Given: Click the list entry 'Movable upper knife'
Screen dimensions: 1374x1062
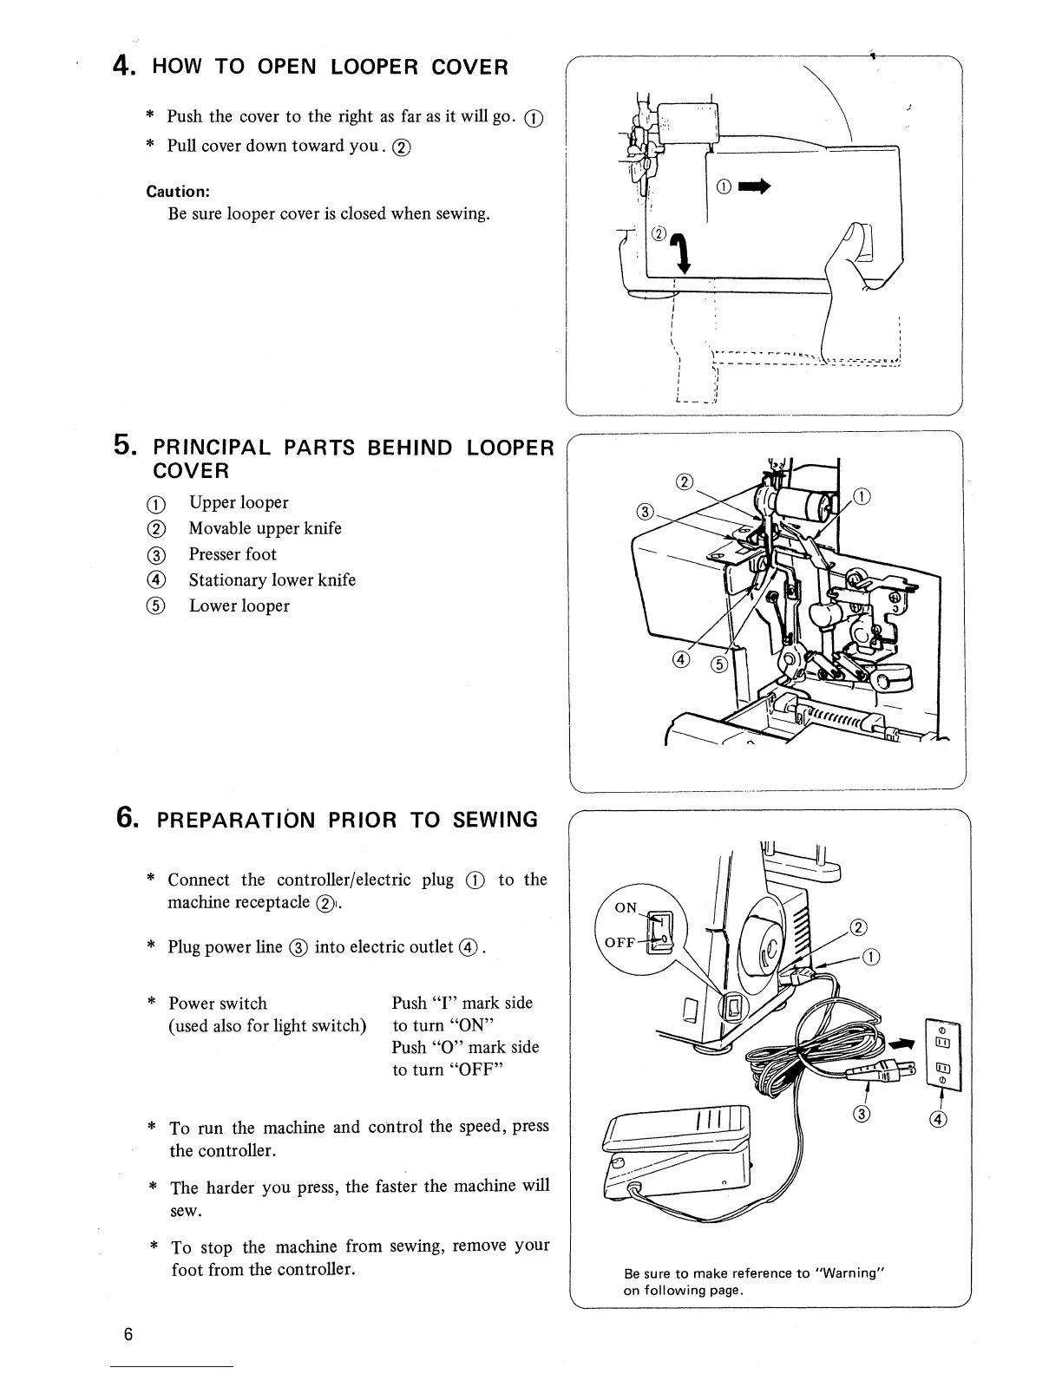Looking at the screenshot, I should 265,528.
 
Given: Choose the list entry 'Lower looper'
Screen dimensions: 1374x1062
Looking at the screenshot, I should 239,606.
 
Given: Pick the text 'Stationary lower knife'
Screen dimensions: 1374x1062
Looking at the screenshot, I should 272,580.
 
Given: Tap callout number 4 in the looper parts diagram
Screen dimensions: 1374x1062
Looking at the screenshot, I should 680,660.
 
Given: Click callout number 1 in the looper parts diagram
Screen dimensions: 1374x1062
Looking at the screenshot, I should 862,497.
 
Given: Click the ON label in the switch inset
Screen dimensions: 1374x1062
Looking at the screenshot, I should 626,907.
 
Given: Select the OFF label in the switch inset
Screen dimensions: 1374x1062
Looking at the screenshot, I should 620,942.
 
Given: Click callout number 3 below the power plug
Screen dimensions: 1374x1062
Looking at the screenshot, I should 862,1114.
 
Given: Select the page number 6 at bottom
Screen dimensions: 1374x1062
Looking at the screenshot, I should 128,1334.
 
